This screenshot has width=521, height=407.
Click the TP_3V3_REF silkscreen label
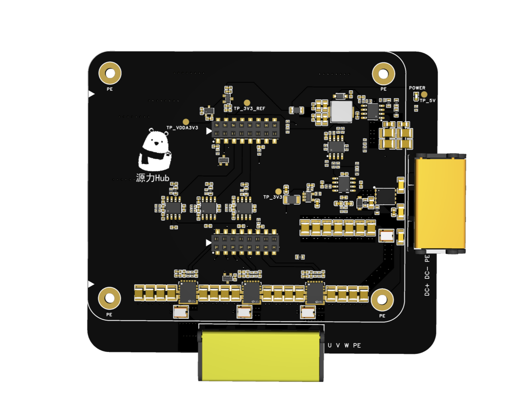[x=249, y=109]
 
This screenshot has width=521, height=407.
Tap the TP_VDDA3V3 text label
[x=182, y=128]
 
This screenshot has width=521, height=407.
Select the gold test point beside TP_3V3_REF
[x=247, y=103]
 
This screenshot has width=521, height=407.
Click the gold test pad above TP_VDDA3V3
[x=186, y=122]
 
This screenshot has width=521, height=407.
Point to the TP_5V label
[x=428, y=101]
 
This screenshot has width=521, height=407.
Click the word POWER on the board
[x=417, y=88]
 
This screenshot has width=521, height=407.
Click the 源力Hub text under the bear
[x=152, y=178]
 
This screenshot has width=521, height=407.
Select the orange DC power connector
[x=440, y=203]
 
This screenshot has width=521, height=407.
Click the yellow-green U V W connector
[x=261, y=356]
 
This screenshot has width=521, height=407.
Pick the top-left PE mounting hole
[x=110, y=73]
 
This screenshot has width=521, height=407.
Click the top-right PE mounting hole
[x=383, y=74]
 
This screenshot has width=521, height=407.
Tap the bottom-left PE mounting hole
[x=109, y=298]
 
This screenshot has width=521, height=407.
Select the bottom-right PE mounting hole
[x=382, y=300]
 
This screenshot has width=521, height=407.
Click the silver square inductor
[x=341, y=112]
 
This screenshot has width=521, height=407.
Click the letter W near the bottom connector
[x=347, y=346]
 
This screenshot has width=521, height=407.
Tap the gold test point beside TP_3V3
[x=278, y=191]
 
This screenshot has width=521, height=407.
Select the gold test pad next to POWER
[x=424, y=94]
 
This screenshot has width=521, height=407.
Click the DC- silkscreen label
[x=427, y=273]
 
